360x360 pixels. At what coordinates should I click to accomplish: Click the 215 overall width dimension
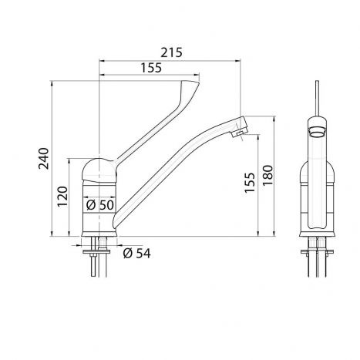(x=172, y=52)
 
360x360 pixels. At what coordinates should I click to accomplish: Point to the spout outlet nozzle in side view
(x=238, y=133)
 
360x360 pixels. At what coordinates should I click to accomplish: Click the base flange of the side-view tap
(x=99, y=235)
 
